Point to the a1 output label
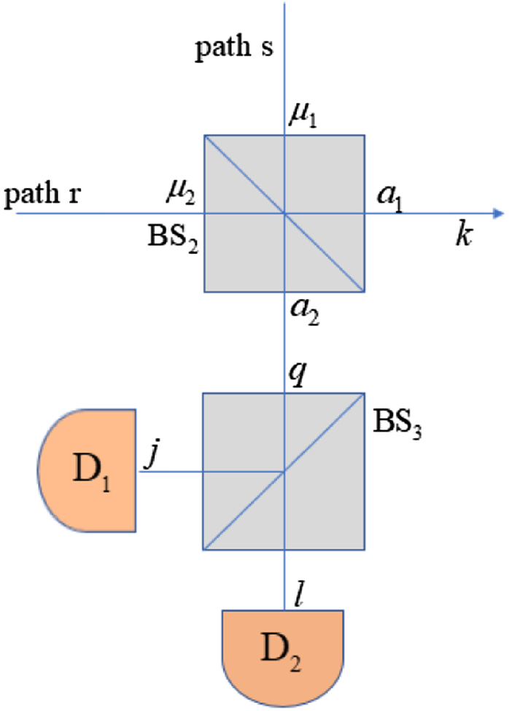point(389,195)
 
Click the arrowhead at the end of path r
point(498,214)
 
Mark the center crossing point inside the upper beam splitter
point(284,214)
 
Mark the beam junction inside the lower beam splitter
point(284,471)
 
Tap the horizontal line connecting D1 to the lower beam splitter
point(169,471)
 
